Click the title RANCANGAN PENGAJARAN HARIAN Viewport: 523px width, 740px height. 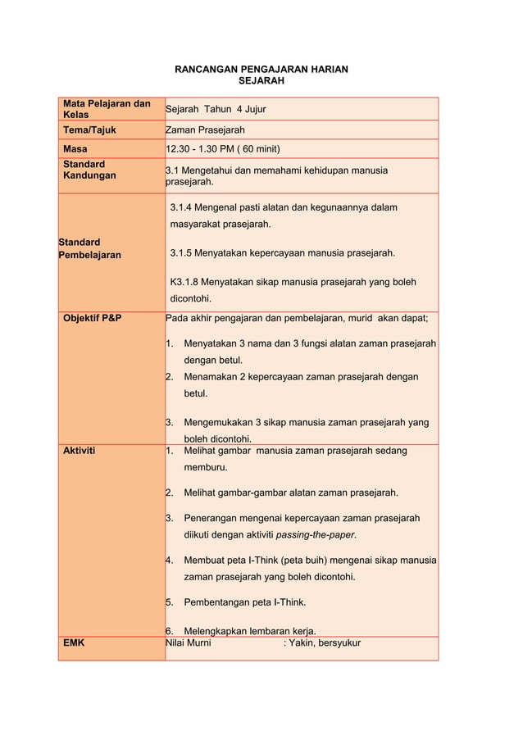coord(261,70)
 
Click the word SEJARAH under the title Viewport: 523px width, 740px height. coord(261,82)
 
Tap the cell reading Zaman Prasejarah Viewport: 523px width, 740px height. coord(205,130)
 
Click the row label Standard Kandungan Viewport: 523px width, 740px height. coord(89,170)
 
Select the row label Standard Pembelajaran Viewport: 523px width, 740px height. coord(89,248)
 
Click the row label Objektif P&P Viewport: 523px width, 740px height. coord(93,318)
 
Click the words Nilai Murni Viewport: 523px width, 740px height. coord(189,643)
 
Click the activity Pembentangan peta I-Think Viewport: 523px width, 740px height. coord(245,602)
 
